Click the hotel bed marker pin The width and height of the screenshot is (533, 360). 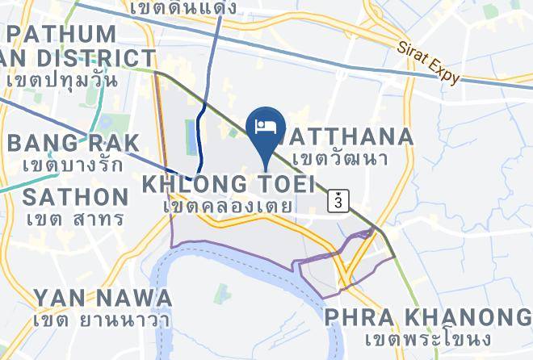(266, 128)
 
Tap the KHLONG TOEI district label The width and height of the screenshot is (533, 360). (229, 183)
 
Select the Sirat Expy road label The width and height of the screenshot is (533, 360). (428, 63)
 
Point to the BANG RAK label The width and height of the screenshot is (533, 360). (73, 143)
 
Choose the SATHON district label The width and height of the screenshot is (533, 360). (76, 197)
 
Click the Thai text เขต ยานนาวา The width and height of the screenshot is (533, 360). (102, 320)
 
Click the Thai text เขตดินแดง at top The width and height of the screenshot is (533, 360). (183, 8)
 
